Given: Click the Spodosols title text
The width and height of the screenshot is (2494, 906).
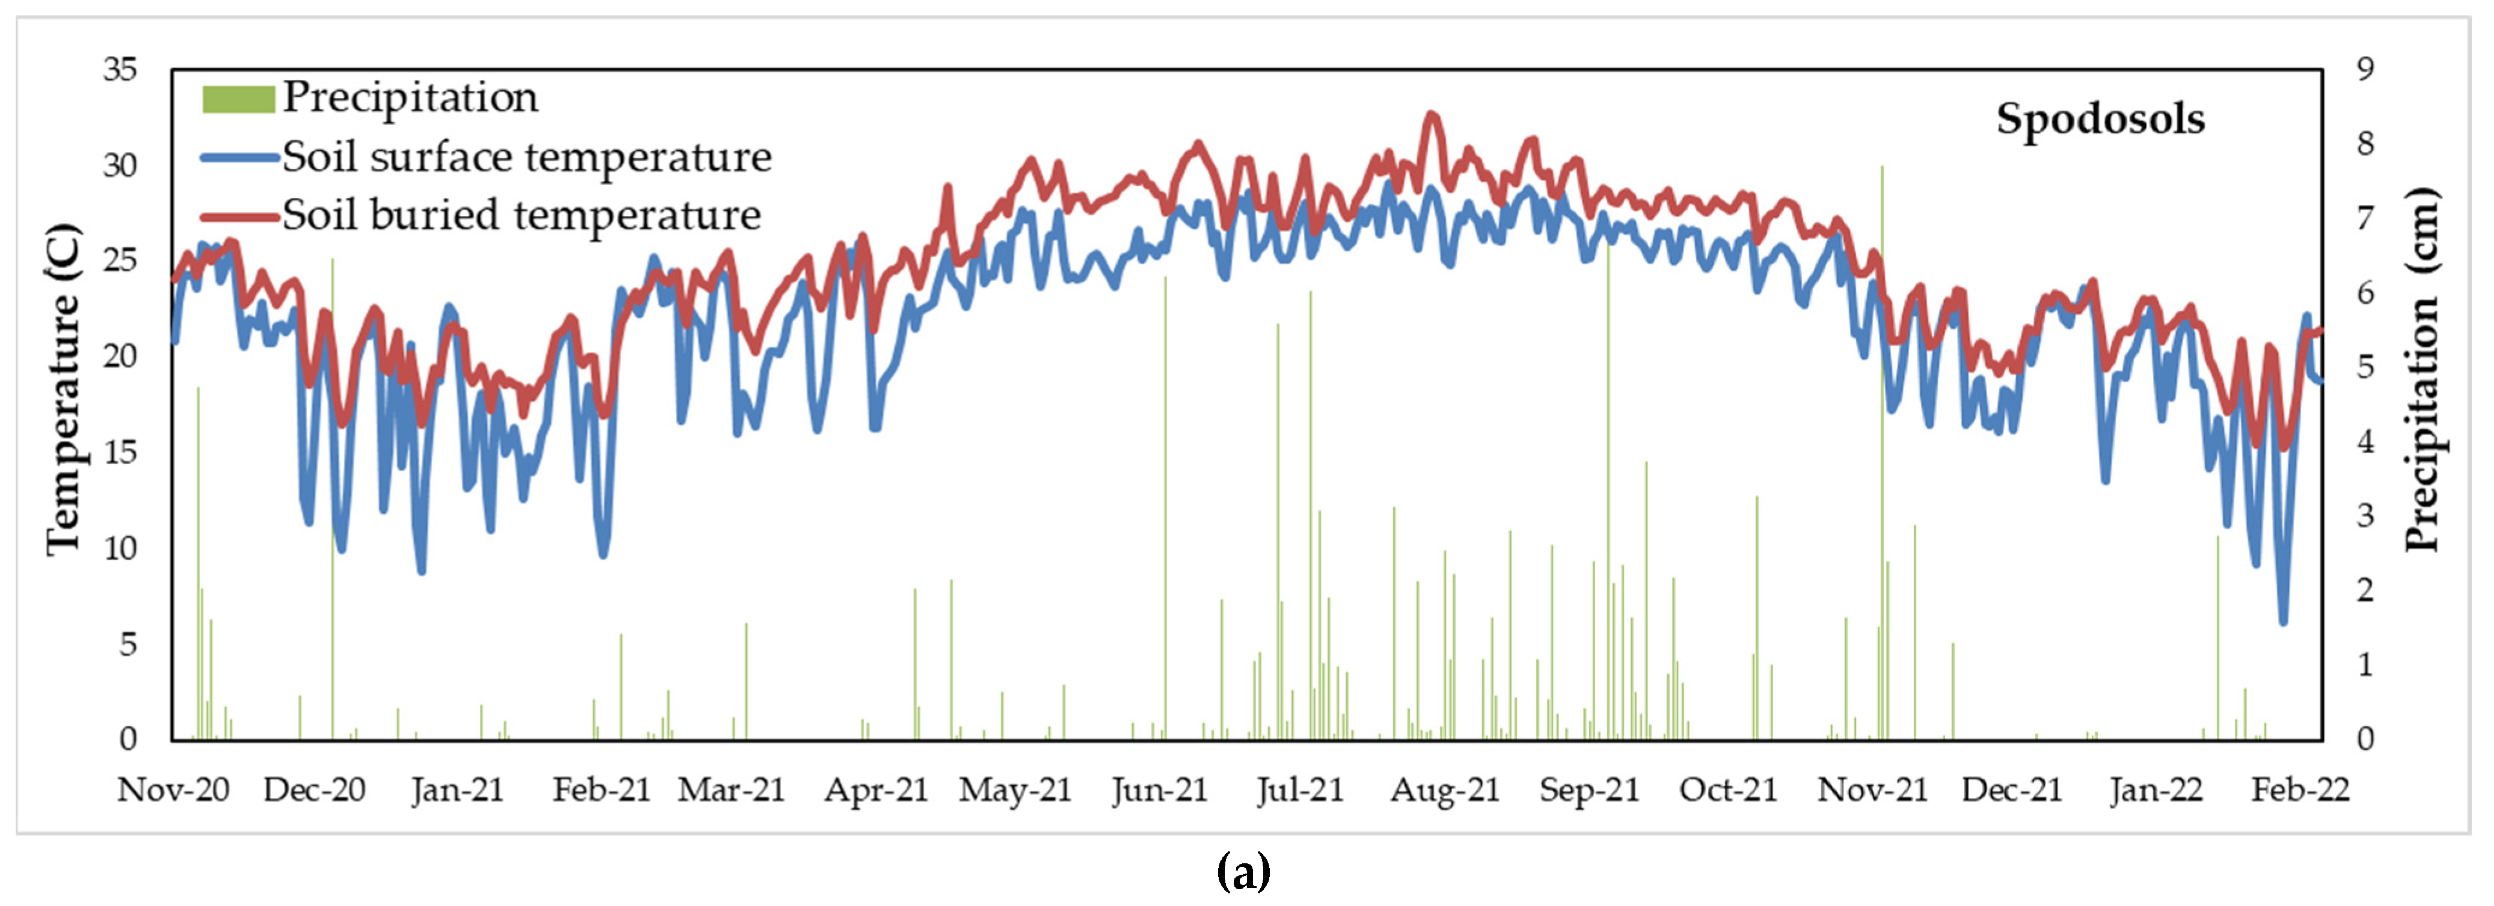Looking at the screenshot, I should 2100,119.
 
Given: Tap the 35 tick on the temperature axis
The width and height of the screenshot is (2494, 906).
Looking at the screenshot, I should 121,70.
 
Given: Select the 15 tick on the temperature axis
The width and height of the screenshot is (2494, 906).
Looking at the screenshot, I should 121,452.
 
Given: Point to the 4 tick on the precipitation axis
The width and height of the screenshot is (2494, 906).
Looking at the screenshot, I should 2366,441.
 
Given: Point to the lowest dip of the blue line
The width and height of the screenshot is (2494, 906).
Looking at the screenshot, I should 2283,622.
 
